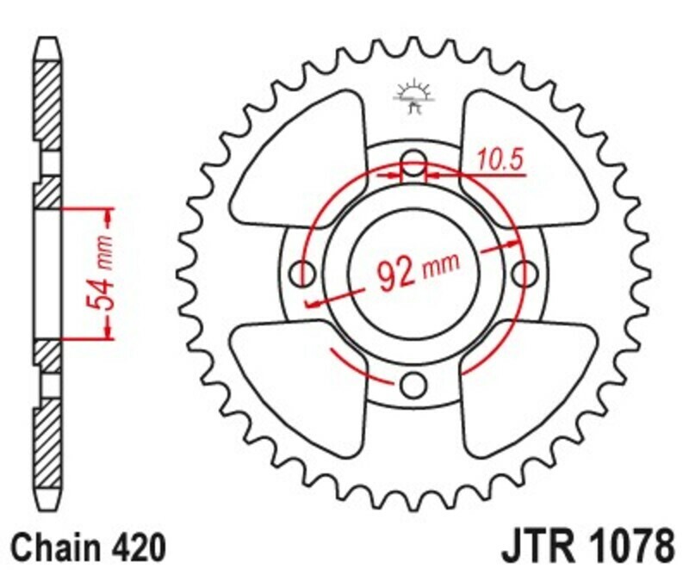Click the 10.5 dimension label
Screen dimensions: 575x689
point(493,160)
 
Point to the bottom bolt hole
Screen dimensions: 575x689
point(414,383)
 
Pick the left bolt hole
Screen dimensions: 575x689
point(303,274)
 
